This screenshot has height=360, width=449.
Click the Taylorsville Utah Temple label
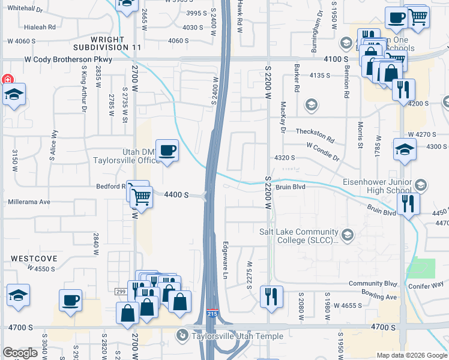click(x=232, y=336)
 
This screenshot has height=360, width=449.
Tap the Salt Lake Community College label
click(x=299, y=237)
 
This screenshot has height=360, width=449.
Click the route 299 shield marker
click(x=120, y=291)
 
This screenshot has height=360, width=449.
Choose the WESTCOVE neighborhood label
click(x=34, y=258)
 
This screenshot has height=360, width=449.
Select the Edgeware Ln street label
click(x=226, y=259)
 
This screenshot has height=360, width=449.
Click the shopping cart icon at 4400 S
click(x=140, y=196)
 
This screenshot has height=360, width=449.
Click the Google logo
click(x=20, y=353)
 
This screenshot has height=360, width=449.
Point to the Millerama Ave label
click(x=29, y=202)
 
